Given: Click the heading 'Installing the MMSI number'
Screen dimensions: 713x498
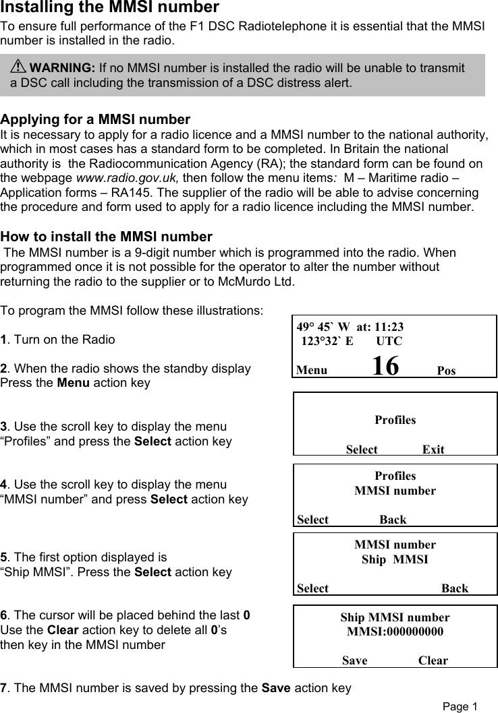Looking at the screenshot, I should (x=109, y=8).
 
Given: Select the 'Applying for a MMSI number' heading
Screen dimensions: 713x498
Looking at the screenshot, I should (x=96, y=120).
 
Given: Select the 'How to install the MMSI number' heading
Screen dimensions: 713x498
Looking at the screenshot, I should (x=107, y=237).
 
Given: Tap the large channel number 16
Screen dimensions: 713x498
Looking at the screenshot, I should (x=385, y=366).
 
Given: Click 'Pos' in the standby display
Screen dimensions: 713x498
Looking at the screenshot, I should (x=446, y=371).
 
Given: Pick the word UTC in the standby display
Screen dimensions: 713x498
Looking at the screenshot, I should (x=389, y=341).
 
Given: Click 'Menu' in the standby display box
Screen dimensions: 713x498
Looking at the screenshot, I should (x=312, y=371).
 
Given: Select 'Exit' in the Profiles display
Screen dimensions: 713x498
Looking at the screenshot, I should (x=433, y=449).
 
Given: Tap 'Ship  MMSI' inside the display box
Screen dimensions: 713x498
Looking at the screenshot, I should (x=395, y=559).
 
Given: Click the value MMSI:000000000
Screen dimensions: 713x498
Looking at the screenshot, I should (x=395, y=632).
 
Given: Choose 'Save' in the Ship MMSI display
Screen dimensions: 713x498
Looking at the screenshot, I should (x=355, y=660).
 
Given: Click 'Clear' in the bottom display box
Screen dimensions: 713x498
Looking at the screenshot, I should (x=433, y=660).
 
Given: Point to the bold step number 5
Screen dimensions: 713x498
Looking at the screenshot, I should (x=4, y=557).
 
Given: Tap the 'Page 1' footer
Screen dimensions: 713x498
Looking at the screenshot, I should (x=460, y=706).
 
